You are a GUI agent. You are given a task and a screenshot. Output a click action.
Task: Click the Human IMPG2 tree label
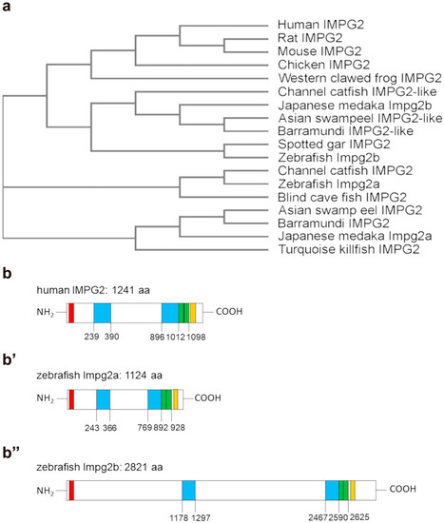320,25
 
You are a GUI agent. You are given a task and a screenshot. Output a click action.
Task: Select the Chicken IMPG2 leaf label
323,65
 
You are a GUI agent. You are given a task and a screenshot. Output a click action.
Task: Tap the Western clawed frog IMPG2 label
360,78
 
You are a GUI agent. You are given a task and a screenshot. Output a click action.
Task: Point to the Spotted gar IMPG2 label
334,145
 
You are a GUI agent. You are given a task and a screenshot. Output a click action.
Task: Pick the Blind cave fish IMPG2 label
342,197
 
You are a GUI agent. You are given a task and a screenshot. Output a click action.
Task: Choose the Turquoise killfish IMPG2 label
349,249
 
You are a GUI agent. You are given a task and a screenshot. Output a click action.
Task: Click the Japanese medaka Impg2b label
355,106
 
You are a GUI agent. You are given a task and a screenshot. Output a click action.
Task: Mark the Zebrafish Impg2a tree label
329,184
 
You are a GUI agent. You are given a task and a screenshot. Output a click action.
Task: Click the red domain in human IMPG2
71,313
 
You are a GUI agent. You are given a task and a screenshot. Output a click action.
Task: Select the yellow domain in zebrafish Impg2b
353,491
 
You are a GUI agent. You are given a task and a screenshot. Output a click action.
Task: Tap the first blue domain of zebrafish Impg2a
104,399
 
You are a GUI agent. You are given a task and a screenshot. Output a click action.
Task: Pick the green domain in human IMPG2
183,313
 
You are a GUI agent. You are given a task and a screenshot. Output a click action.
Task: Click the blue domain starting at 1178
189,491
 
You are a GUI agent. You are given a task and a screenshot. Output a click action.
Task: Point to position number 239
91,337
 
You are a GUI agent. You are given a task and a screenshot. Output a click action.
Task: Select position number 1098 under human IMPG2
196,337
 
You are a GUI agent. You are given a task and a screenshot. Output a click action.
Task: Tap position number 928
178,427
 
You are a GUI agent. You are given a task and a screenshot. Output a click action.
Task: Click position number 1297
201,517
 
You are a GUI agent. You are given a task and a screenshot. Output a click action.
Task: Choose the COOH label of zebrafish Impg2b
402,489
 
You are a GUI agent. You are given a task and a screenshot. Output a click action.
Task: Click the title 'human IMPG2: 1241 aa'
93,290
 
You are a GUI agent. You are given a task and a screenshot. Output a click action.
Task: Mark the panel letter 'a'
7,7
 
